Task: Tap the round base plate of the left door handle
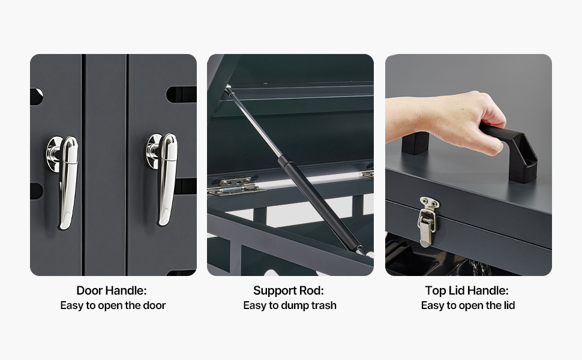[53, 153]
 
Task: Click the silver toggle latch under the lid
[428, 221]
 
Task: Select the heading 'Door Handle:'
[112, 290]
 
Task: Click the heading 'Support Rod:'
[289, 290]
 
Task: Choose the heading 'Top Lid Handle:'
[467, 290]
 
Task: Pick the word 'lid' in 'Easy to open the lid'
[509, 305]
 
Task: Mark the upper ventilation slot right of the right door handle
[181, 95]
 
